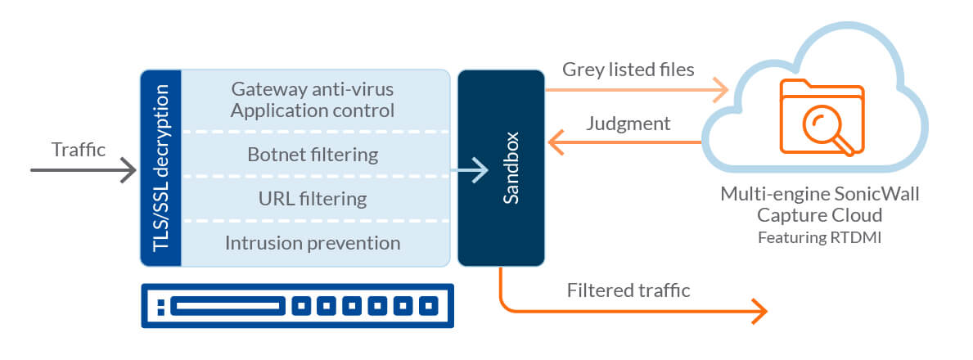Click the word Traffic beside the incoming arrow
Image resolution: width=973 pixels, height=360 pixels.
point(79,150)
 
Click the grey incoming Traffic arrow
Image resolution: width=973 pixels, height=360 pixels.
point(82,170)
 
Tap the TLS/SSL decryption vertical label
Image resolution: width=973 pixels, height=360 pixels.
point(160,169)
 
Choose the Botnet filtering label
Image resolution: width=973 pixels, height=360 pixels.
point(313,154)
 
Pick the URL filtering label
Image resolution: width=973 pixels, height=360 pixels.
point(313,199)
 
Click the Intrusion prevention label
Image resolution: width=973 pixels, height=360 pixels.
point(313,243)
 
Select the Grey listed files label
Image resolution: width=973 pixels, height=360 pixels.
point(628,70)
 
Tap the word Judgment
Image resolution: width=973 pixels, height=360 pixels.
point(628,124)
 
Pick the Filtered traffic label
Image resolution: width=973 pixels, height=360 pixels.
point(628,290)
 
